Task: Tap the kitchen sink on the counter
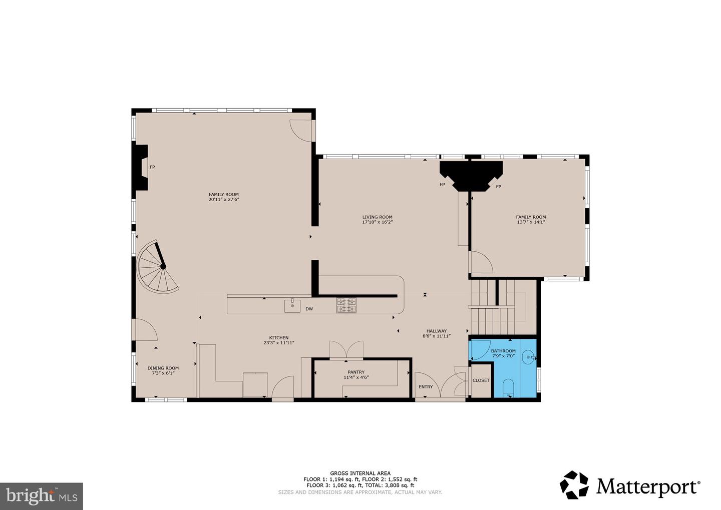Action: tap(292, 305)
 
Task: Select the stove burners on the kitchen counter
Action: tap(346, 305)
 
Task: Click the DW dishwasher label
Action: tap(309, 309)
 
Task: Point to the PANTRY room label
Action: tap(356, 372)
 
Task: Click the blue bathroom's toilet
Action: tap(509, 388)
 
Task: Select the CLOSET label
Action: tap(481, 380)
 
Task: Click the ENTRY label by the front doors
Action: tap(426, 387)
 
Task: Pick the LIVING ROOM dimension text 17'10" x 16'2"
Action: tap(378, 222)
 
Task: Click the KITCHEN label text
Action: tap(279, 338)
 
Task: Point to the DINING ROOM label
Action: tap(163, 368)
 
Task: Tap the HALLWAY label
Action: tap(436, 331)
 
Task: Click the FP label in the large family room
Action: tap(152, 167)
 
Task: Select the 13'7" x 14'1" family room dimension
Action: tap(531, 222)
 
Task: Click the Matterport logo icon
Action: tap(575, 485)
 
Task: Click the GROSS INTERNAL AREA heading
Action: tap(360, 473)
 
